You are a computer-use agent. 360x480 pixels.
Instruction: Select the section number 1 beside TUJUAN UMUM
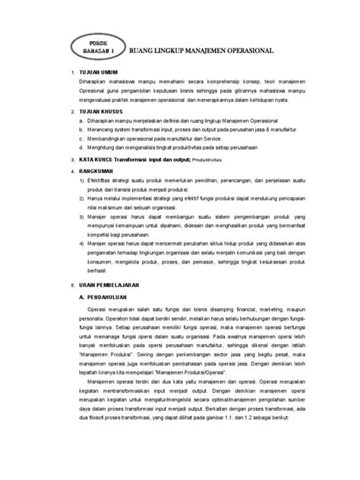pos(69,76)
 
